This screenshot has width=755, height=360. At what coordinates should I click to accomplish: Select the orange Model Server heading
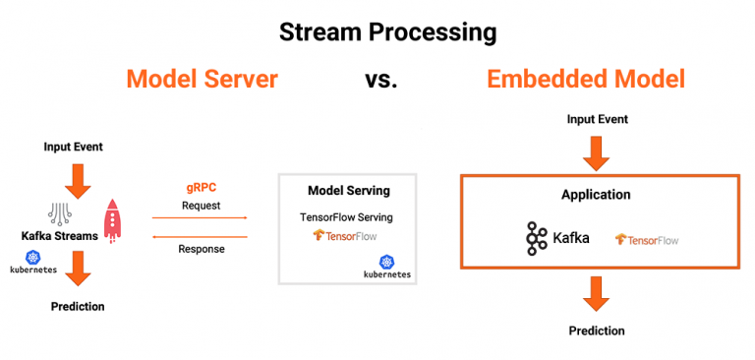[202, 79]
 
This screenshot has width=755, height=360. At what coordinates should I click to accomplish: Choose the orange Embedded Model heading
[585, 79]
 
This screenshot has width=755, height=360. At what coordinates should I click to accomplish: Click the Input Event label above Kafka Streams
[74, 147]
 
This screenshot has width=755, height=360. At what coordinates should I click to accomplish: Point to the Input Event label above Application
[597, 119]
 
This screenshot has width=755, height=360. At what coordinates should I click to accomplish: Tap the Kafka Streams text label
[58, 236]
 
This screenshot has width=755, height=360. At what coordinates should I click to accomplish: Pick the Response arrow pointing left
[201, 236]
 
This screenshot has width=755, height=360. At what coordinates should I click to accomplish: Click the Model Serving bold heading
[348, 190]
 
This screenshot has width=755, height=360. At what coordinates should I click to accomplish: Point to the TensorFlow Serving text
[348, 215]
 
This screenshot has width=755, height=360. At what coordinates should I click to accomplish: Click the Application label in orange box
[596, 195]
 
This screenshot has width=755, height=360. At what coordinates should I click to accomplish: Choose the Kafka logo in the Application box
[557, 237]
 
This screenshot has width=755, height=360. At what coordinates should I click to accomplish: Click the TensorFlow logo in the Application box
[646, 239]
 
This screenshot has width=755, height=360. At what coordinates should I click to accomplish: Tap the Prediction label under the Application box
[597, 330]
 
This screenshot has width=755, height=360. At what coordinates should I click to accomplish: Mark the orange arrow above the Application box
[597, 150]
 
